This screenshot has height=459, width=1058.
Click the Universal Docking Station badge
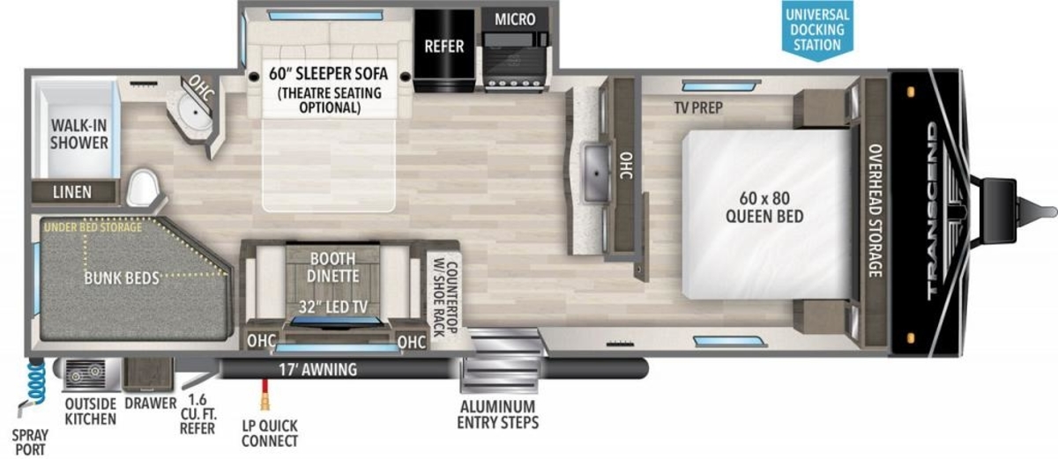(817, 30)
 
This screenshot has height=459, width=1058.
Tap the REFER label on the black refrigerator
(444, 46)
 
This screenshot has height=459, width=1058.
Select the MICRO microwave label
(515, 19)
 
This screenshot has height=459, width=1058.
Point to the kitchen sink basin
(596, 174)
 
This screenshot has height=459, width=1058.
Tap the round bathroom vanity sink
(196, 112)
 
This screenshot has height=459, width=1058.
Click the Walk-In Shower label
(78, 134)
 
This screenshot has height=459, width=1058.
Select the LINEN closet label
(72, 192)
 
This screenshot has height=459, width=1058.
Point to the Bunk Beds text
(122, 278)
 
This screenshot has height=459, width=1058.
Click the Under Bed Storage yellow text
(93, 227)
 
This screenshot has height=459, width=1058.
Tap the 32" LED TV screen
(335, 322)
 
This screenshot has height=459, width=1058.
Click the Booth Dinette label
(333, 267)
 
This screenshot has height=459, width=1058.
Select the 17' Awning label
(318, 369)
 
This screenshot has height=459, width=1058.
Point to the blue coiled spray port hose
(36, 381)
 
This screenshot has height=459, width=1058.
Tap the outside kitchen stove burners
(86, 374)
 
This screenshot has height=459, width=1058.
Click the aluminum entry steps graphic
(500, 362)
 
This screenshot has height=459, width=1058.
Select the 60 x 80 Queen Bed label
(764, 207)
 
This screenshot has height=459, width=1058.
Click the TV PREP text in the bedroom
(698, 108)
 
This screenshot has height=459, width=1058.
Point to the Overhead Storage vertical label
(875, 211)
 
